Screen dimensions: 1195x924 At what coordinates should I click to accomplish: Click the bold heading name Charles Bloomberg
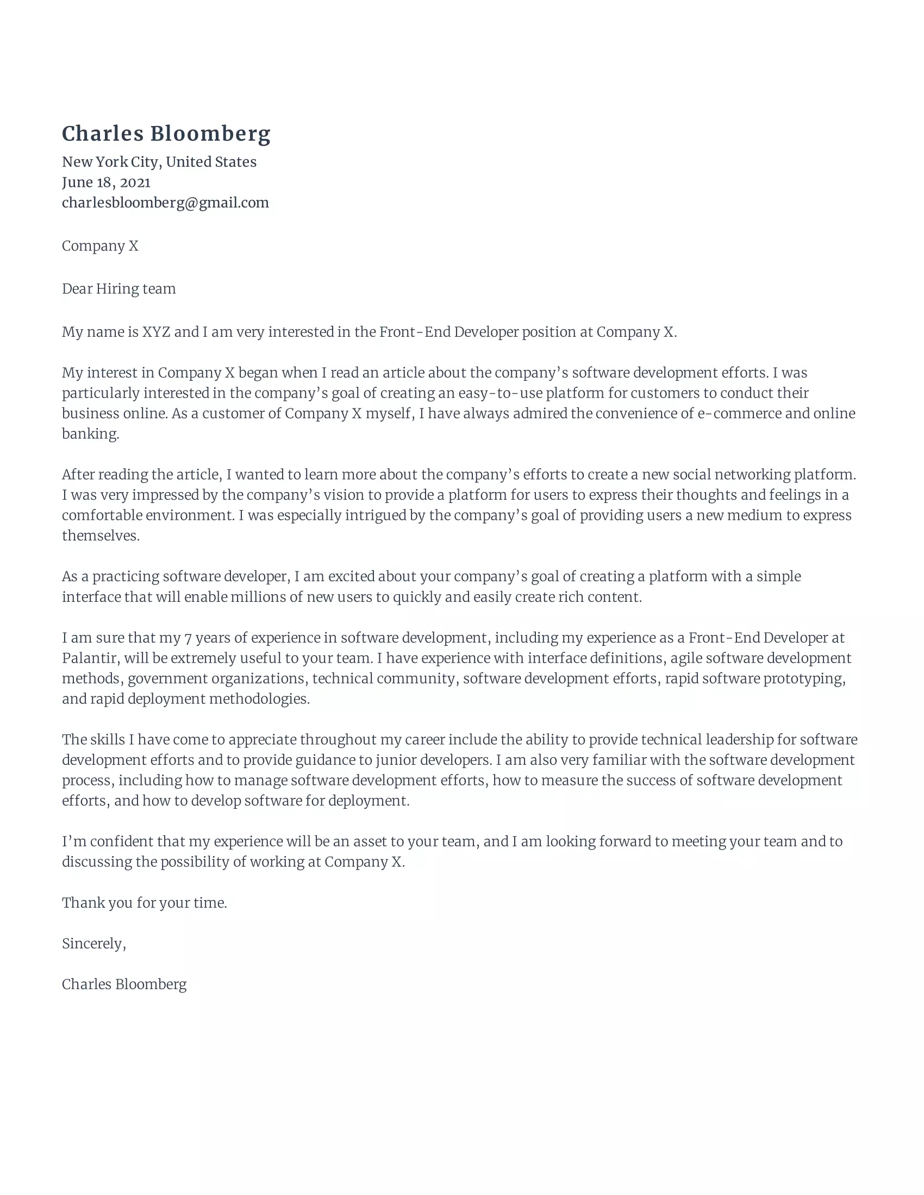tap(166, 134)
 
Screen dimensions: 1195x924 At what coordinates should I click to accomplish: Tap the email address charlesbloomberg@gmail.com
tap(165, 203)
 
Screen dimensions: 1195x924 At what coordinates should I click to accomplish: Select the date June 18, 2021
tap(106, 183)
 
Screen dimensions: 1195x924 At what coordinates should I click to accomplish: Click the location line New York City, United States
tap(159, 162)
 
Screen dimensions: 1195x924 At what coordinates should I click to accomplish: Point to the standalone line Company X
tap(100, 246)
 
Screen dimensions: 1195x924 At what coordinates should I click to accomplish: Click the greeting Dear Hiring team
tap(119, 289)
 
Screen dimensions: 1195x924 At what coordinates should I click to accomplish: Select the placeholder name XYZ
tap(156, 332)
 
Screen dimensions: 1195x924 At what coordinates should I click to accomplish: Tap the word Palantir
tap(90, 658)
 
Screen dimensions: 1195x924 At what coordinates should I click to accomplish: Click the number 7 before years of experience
tap(188, 638)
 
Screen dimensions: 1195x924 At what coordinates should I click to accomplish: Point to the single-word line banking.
tap(90, 435)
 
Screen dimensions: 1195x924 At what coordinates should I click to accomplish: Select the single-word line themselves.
tap(101, 536)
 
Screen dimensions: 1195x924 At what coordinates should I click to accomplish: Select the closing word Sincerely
tap(93, 944)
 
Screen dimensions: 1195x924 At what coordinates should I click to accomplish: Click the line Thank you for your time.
tap(144, 903)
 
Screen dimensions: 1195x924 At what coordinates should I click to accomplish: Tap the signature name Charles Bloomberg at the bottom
tap(124, 985)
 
